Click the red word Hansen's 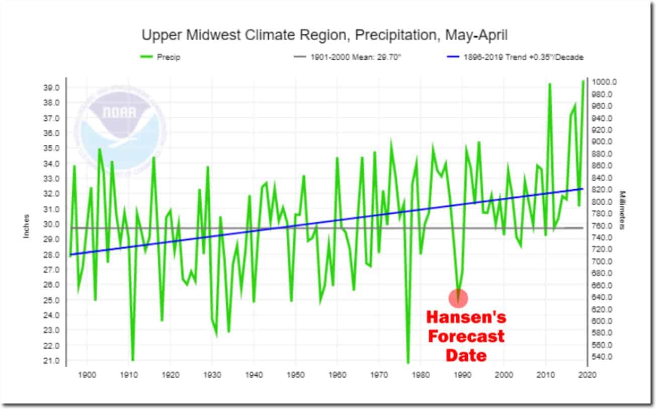point(466,317)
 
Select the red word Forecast point(466,336)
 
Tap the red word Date point(466,355)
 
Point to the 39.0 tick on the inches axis point(53,88)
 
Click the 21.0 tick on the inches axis point(53,361)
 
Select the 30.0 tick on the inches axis point(53,224)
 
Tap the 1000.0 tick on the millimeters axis point(604,82)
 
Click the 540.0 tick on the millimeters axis point(603,357)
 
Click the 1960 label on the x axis point(337,375)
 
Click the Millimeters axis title point(622,210)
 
